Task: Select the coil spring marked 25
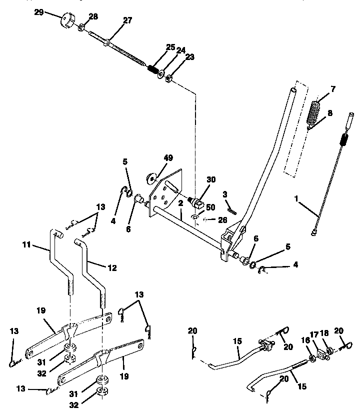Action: (153, 67)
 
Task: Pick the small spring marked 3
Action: (228, 206)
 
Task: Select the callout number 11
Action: (27, 245)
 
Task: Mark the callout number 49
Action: (168, 158)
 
